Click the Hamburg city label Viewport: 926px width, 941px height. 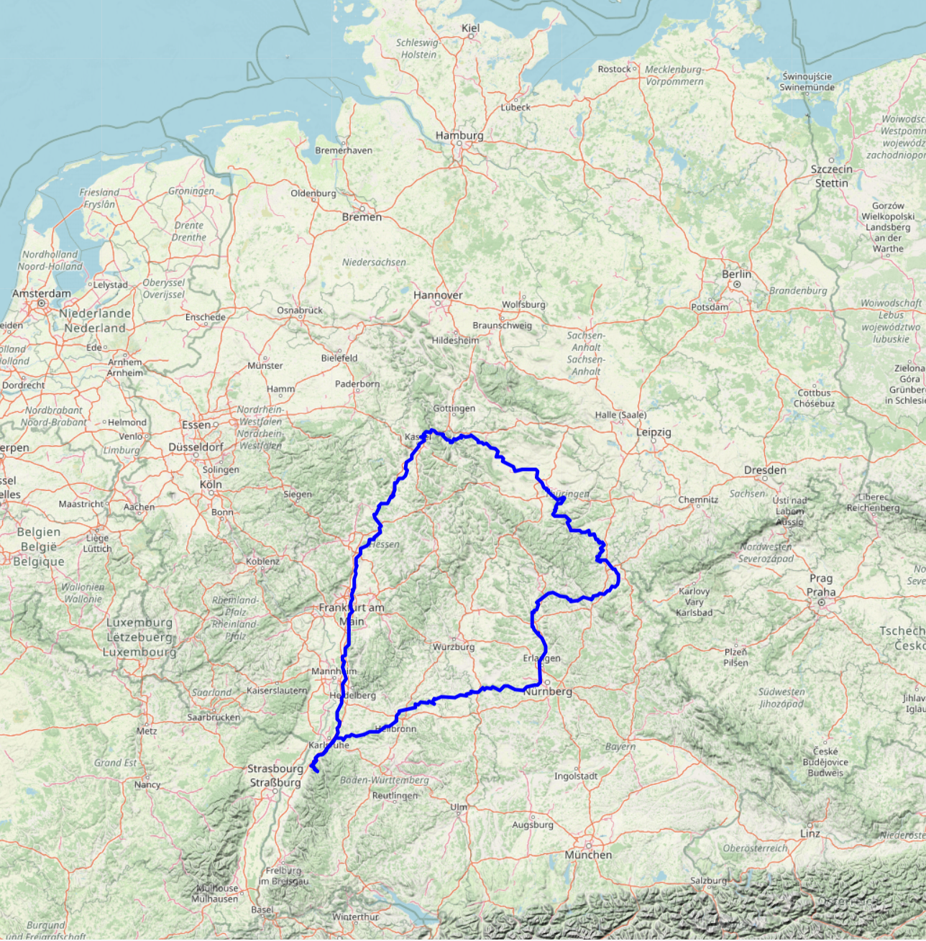pyautogui.click(x=459, y=135)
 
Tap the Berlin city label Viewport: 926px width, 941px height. pyautogui.click(x=736, y=274)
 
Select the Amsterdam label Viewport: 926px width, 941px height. pyautogui.click(x=41, y=293)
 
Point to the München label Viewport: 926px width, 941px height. pyautogui.click(x=588, y=855)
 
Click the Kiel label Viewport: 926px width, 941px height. pyautogui.click(x=470, y=28)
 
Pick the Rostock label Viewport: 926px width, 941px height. pyautogui.click(x=614, y=69)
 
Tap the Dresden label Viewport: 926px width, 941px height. pyautogui.click(x=765, y=470)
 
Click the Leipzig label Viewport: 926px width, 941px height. pyautogui.click(x=654, y=432)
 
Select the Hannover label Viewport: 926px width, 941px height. pyautogui.click(x=438, y=295)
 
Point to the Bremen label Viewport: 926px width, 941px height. pyautogui.click(x=362, y=217)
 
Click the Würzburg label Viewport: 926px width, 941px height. pyautogui.click(x=454, y=647)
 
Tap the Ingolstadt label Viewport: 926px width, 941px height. pyautogui.click(x=576, y=776)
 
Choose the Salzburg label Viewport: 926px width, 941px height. pyautogui.click(x=708, y=881)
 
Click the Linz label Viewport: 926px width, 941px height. pyautogui.click(x=810, y=834)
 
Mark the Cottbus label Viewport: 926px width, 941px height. pyautogui.click(x=814, y=393)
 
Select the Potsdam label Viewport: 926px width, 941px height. pyautogui.click(x=710, y=307)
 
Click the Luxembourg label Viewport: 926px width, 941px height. pyautogui.click(x=139, y=623)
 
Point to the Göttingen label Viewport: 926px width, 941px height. pyautogui.click(x=454, y=408)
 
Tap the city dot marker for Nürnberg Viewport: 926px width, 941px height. pyautogui.click(x=546, y=682)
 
